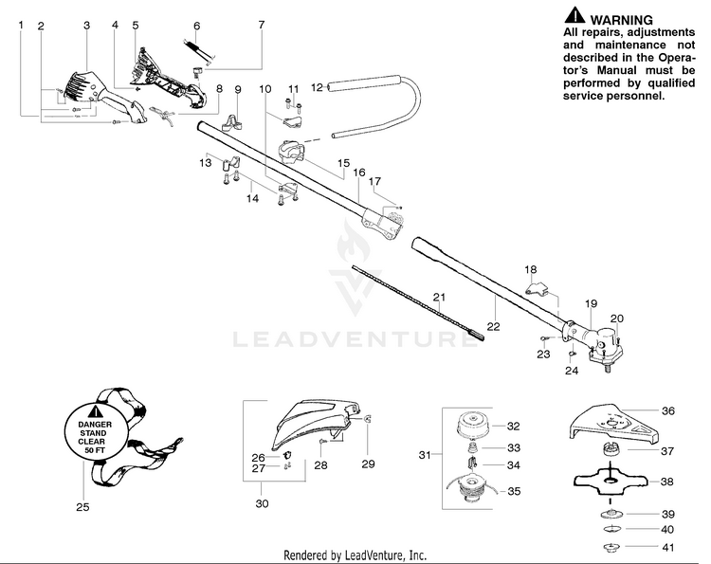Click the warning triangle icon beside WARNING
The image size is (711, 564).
(x=574, y=16)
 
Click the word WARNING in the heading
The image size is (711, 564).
(x=621, y=19)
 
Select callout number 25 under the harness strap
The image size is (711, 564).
(x=82, y=507)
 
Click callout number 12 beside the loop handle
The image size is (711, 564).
(x=318, y=86)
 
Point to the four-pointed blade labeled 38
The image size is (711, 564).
(x=615, y=481)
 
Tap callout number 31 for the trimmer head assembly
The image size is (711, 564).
(x=424, y=456)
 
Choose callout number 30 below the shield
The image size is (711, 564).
(x=262, y=503)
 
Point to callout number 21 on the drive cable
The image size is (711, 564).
(x=439, y=297)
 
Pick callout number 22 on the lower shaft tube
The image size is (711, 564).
(x=493, y=327)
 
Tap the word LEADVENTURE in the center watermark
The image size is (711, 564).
(x=355, y=338)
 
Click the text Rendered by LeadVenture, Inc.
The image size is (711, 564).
(x=355, y=555)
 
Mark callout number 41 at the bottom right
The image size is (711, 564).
(x=667, y=548)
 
